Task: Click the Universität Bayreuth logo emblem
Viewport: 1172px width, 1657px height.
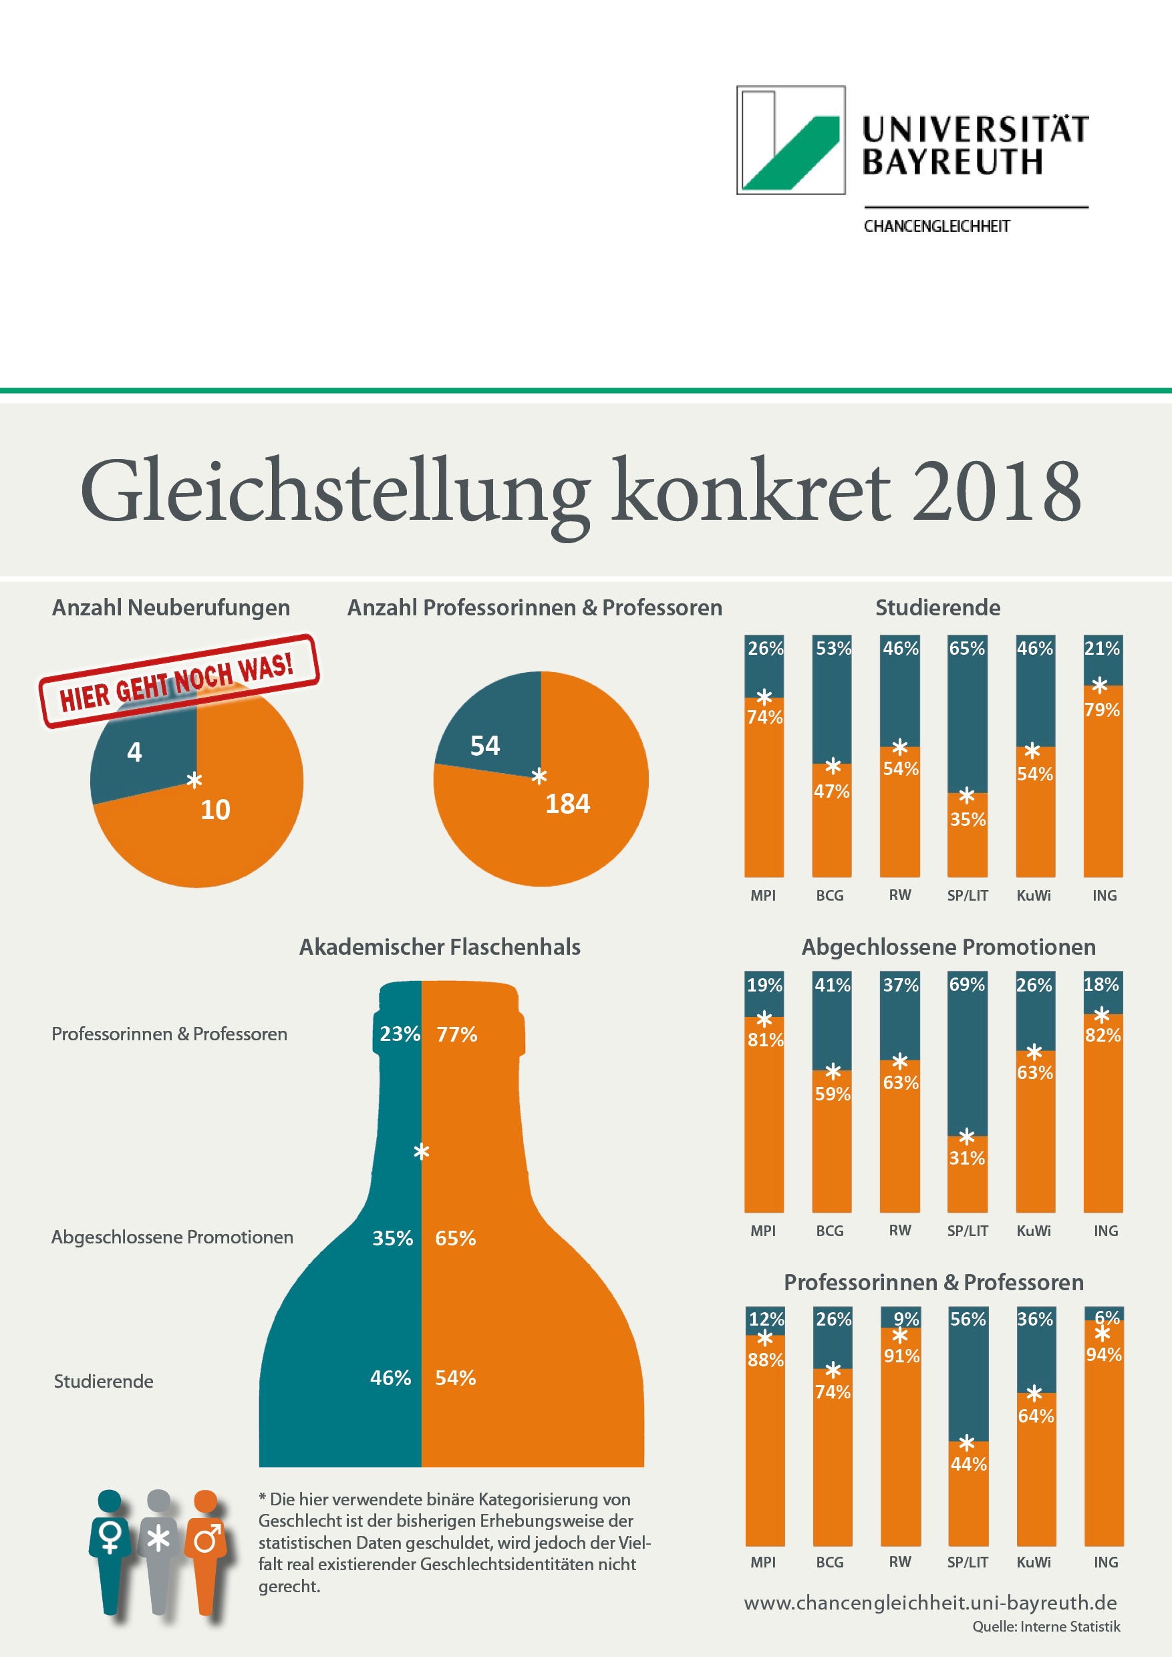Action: click(x=790, y=140)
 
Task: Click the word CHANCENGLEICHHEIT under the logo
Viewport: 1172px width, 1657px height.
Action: click(x=936, y=227)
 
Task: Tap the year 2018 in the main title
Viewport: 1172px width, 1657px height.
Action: click(x=996, y=490)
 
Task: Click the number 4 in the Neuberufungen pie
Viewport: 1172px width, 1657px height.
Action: click(x=134, y=752)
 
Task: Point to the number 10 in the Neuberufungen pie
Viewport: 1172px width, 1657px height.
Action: click(x=215, y=810)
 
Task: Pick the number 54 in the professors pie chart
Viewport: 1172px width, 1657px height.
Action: click(x=484, y=746)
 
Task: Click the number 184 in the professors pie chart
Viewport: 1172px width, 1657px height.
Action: click(x=567, y=803)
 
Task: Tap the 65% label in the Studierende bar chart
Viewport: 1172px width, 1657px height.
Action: click(x=967, y=648)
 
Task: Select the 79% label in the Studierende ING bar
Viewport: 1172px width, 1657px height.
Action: click(x=1102, y=710)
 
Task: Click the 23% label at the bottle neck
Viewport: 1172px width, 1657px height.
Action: click(x=399, y=1034)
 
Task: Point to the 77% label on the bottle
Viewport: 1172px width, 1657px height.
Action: click(x=457, y=1034)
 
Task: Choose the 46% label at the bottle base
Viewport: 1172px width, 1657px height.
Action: click(x=390, y=1378)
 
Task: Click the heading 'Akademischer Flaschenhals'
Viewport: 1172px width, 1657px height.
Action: click(x=440, y=947)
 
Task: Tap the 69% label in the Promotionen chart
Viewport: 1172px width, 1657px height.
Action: click(x=967, y=984)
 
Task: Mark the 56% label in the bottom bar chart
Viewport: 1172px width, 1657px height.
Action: click(x=968, y=1319)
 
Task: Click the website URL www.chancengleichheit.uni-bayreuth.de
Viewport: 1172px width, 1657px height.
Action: click(x=930, y=1603)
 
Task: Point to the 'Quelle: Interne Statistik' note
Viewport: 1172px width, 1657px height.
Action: click(x=1046, y=1627)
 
